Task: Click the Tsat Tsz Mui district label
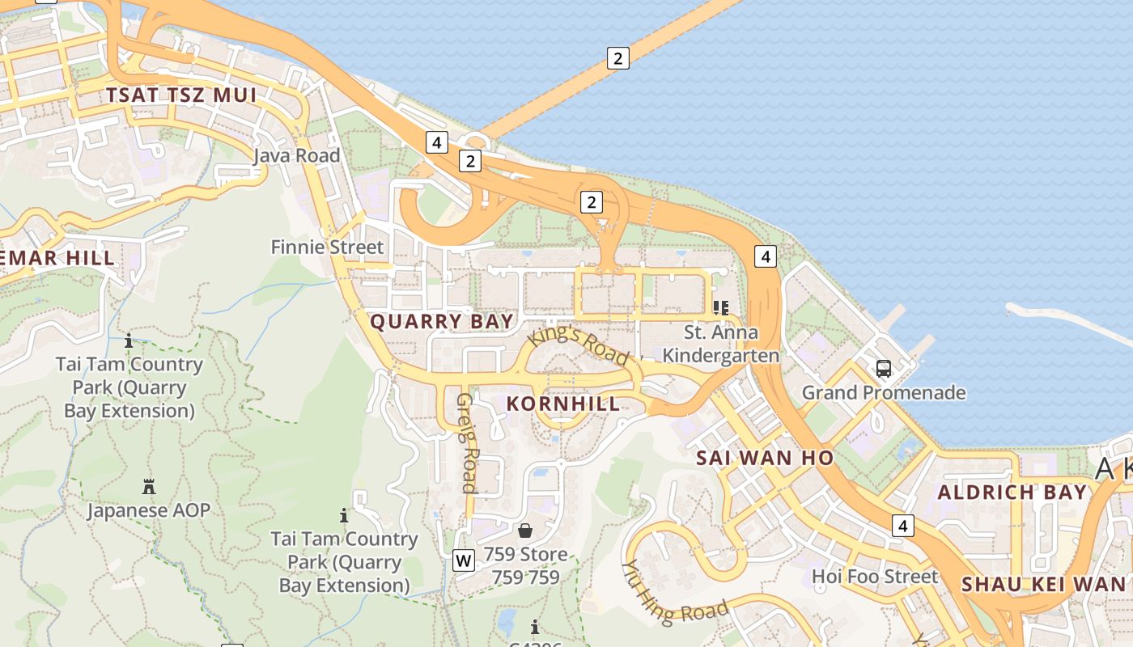point(181,95)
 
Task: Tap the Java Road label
point(296,155)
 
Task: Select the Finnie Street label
point(327,247)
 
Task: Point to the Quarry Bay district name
point(442,322)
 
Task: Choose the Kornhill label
point(563,404)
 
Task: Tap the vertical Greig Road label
point(467,442)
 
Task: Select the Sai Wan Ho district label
point(765,458)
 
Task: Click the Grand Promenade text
point(884,393)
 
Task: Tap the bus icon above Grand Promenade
point(884,369)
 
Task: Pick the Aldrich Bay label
point(1012,493)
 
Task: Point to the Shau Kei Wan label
point(1043,584)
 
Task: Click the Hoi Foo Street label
point(875,577)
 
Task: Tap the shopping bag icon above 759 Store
point(525,531)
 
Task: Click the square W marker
point(464,560)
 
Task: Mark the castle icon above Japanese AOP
point(148,487)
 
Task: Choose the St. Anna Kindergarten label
point(720,344)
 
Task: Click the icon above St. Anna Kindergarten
point(720,307)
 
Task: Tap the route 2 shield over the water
point(617,58)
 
